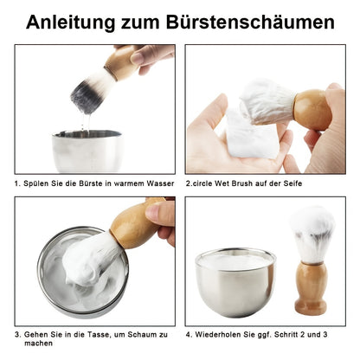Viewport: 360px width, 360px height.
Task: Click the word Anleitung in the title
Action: (x=76, y=22)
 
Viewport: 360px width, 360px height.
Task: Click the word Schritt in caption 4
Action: (x=295, y=332)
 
